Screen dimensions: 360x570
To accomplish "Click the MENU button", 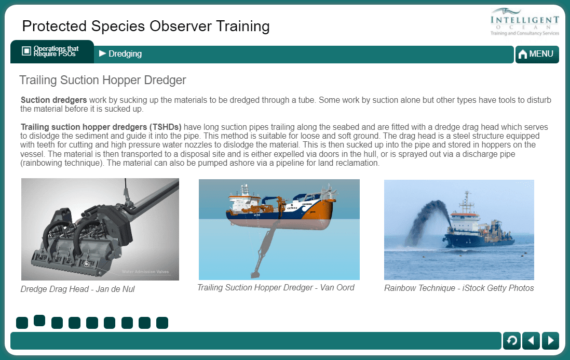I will tap(537, 54).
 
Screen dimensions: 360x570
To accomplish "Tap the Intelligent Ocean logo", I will tap(525, 22).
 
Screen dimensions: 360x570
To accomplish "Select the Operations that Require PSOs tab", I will tap(52, 51).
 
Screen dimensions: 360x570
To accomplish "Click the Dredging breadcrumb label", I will tap(125, 54).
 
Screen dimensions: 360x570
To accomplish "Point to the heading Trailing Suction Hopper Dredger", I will tap(102, 80).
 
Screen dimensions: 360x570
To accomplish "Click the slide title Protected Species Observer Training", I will tap(146, 26).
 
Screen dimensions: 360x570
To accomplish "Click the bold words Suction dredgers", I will tap(53, 100).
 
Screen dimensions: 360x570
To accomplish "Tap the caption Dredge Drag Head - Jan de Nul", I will tap(78, 289).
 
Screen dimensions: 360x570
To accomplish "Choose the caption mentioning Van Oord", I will tap(276, 287).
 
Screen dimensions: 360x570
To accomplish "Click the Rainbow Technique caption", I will tap(459, 288).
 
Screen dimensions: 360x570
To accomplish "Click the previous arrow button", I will tap(531, 340).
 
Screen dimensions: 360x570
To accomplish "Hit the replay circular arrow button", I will tap(511, 340).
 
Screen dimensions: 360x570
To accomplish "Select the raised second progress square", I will tap(39, 321).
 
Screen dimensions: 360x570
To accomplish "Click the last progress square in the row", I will tap(162, 323).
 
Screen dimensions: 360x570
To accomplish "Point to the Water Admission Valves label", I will tap(145, 272).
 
